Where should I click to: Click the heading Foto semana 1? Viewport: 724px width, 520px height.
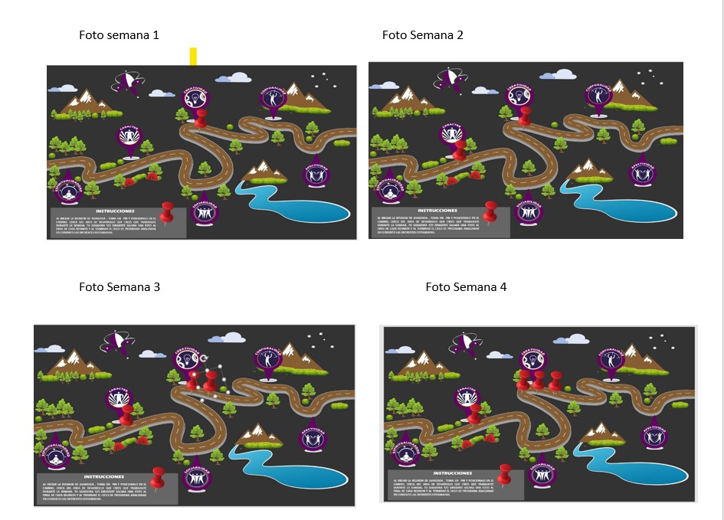(x=119, y=35)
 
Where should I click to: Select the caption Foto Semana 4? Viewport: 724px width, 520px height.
(x=466, y=287)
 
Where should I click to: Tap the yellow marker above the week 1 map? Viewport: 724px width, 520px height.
(x=194, y=56)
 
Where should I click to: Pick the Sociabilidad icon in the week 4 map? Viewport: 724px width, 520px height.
(x=542, y=473)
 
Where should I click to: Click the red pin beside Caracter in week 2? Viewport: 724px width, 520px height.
(x=459, y=149)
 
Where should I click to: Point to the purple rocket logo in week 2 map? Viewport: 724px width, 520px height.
(x=447, y=79)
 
